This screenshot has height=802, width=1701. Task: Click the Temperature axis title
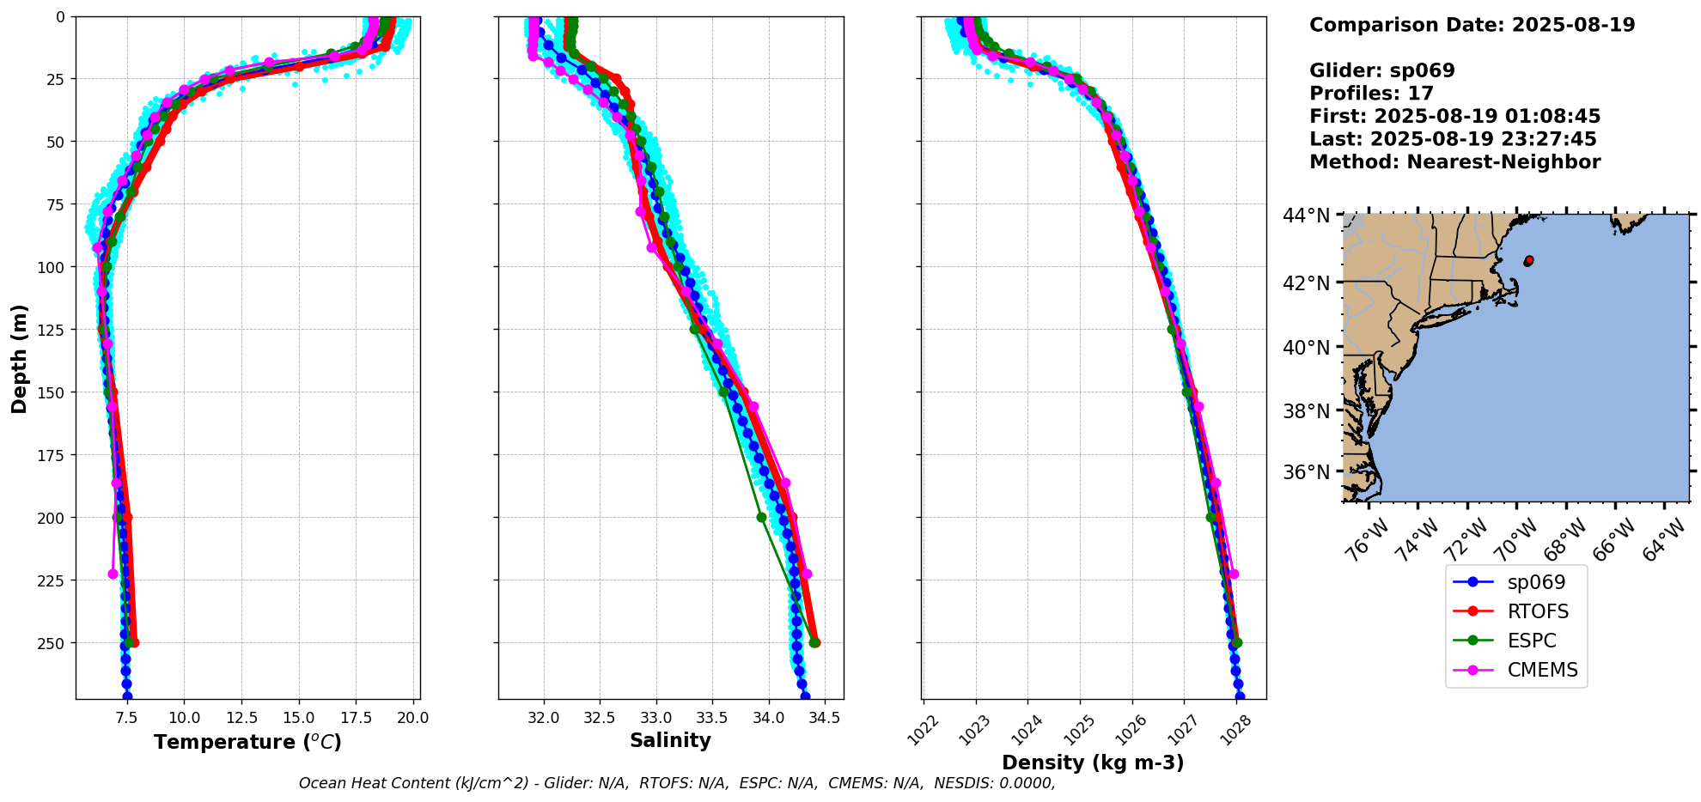tap(247, 742)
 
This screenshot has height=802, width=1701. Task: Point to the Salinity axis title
tap(670, 740)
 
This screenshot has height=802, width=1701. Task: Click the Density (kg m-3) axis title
tap(1093, 763)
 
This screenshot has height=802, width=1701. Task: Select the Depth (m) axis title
tap(19, 358)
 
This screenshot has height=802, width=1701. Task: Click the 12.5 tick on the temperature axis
tap(241, 718)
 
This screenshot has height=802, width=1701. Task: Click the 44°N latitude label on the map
tap(1306, 215)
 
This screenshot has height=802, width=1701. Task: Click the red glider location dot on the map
tap(1528, 260)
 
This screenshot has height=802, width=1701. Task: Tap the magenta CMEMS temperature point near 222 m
tap(113, 574)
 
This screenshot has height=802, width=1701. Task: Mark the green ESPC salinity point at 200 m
tap(761, 517)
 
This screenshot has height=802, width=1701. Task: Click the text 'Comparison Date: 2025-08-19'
tap(1472, 25)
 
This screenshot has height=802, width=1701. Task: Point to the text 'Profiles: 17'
tap(1371, 94)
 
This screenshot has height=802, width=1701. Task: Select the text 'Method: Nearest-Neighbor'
tap(1454, 162)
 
